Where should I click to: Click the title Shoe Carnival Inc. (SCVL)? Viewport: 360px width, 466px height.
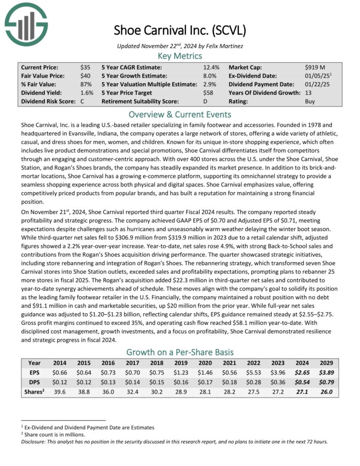(x=179, y=30)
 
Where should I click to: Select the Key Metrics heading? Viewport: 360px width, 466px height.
(x=179, y=56)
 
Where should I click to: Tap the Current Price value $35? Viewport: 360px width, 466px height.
(x=85, y=67)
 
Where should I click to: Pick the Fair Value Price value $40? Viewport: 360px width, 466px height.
(x=85, y=76)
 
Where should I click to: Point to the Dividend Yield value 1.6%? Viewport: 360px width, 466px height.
(x=86, y=93)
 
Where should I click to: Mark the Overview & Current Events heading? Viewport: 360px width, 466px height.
(x=179, y=114)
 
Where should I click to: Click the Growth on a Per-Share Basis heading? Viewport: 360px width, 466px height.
(x=179, y=351)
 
